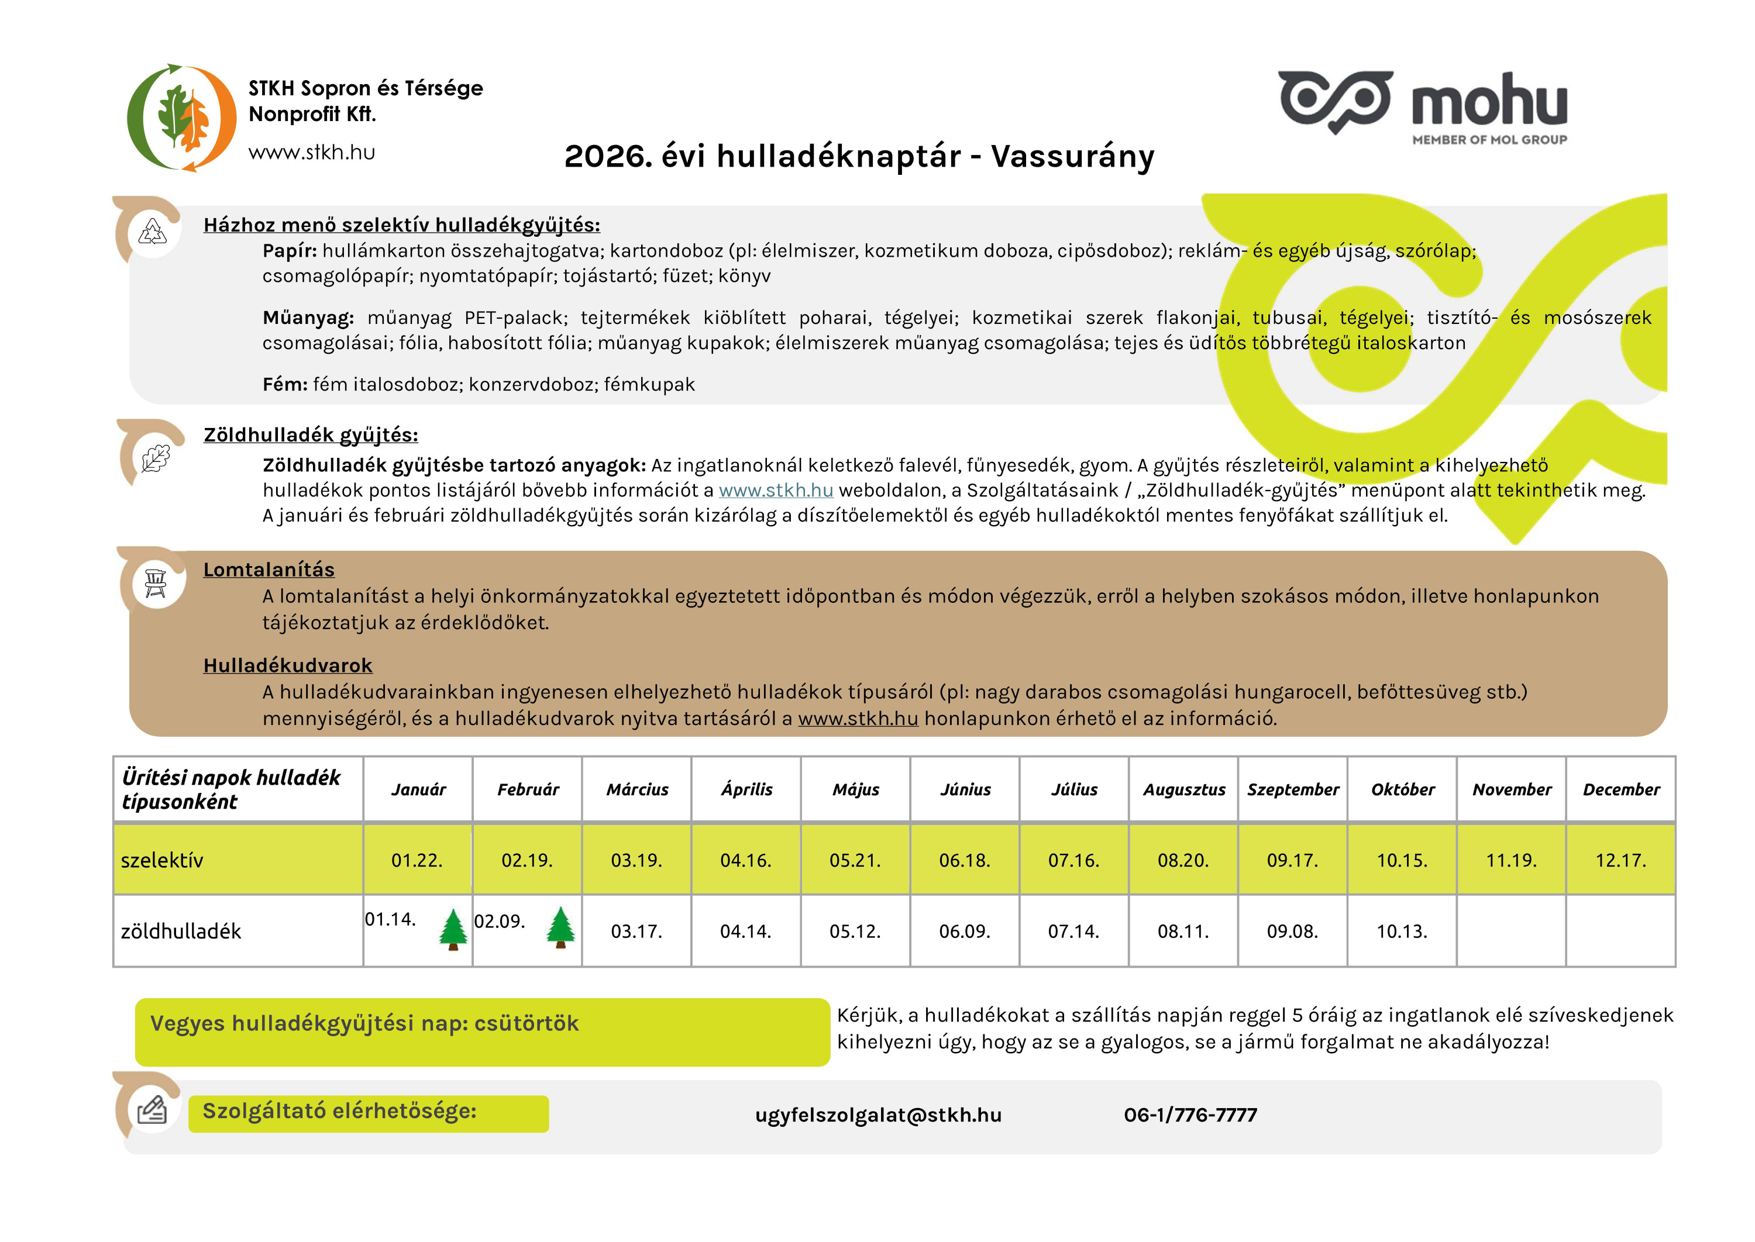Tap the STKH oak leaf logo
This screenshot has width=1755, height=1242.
[x=181, y=118]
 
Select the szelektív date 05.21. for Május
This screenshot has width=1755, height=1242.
[x=855, y=860]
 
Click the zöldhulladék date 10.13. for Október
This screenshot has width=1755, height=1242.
[x=1402, y=931]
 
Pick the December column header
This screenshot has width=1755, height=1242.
[x=1620, y=789]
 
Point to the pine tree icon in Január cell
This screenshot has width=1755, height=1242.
[x=453, y=929]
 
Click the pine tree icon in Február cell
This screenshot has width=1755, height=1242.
[x=561, y=927]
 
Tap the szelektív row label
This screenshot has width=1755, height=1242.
[x=162, y=860]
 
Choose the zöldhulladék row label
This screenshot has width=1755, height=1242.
[x=181, y=931]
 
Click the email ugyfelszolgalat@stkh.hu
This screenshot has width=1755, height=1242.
[x=877, y=1115]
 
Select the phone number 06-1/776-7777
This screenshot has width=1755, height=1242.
[x=1190, y=1115]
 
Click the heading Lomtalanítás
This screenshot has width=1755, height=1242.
[x=269, y=570]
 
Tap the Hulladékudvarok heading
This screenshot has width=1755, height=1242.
[x=288, y=665]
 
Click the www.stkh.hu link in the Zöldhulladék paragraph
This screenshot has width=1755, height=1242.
[x=775, y=490]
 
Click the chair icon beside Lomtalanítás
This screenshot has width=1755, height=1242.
[x=155, y=584]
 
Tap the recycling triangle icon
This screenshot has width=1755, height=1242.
[x=152, y=232]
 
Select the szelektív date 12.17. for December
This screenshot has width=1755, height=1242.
[x=1620, y=860]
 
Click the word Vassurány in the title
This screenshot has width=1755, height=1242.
[x=1072, y=157]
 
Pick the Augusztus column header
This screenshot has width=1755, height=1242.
[x=1183, y=789]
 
